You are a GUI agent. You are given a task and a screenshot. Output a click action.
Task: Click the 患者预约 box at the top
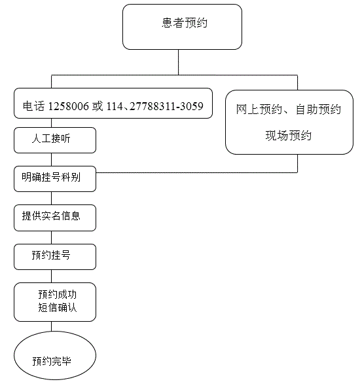pos(182,27)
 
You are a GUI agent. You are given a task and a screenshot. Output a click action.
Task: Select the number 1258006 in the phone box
pos(68,106)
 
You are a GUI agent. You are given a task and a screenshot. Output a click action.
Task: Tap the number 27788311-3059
pos(166,106)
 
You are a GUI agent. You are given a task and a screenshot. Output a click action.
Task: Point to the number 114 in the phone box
pos(115,106)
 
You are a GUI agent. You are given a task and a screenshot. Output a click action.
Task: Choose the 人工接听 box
pos(55,140)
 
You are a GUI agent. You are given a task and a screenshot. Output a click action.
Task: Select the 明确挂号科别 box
pos(55,179)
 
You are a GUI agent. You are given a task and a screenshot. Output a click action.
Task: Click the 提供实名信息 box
pos(55,218)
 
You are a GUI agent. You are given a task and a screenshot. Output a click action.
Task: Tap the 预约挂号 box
pos(55,257)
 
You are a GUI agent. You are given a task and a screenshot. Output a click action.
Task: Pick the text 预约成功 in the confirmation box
pos(58,294)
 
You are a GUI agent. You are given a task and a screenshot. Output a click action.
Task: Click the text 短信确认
pos(58,307)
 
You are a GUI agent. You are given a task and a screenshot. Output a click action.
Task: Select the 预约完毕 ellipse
pos(55,356)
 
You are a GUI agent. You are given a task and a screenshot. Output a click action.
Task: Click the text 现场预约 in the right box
pos(289,136)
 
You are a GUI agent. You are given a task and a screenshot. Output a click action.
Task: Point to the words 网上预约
pos(259,109)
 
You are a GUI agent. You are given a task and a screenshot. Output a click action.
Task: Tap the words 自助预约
pos(318,109)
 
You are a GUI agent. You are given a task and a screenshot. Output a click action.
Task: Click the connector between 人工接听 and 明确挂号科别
pos(51,160)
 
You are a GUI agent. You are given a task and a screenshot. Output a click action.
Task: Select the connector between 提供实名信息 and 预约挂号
pos(51,238)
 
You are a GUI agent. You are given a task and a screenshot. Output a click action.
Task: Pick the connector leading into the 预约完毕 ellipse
pos(51,326)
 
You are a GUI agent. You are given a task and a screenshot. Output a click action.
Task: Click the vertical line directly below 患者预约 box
pos(178,62)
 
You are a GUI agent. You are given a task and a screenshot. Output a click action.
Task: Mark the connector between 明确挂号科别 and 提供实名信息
pos(51,199)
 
